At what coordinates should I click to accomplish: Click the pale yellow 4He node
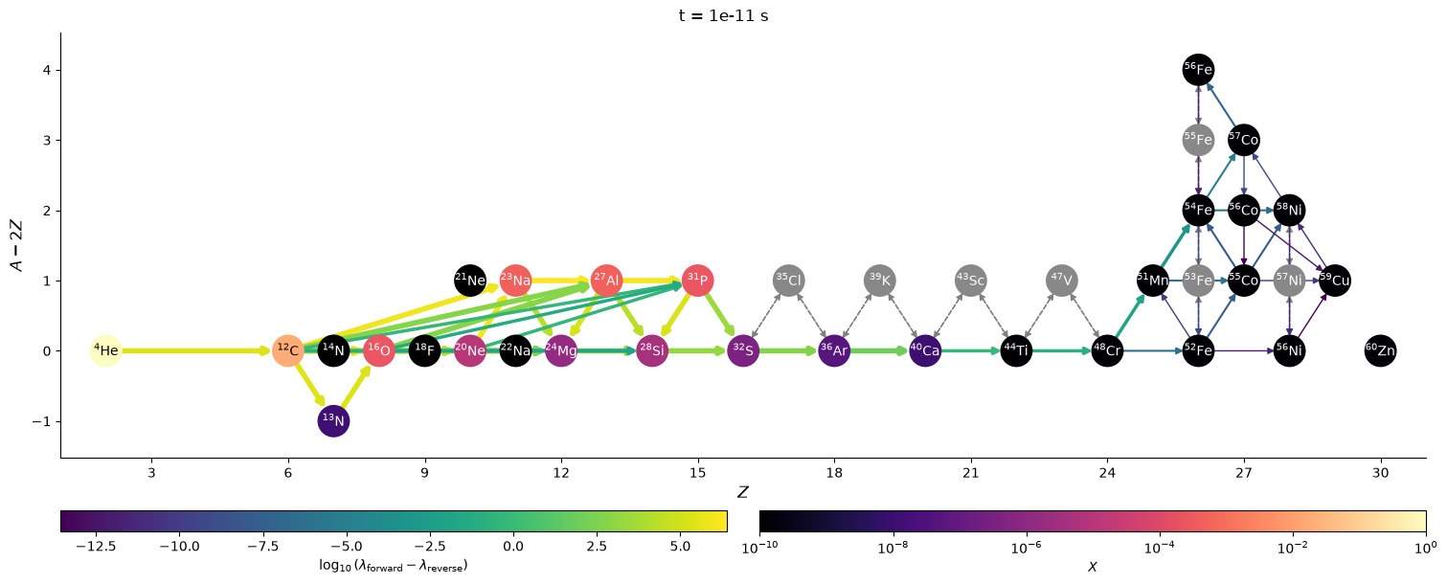(x=106, y=350)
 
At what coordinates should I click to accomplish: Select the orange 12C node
(x=288, y=350)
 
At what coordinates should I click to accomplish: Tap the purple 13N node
(x=333, y=421)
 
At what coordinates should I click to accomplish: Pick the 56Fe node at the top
(x=1198, y=69)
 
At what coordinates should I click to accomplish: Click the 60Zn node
(x=1381, y=350)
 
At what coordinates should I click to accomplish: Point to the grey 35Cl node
(x=789, y=281)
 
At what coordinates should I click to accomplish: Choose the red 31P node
(x=698, y=281)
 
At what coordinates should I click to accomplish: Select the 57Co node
(x=1244, y=140)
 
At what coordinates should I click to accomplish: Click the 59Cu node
(x=1335, y=281)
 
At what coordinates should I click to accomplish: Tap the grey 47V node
(x=1061, y=281)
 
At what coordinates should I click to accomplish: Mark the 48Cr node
(x=1107, y=350)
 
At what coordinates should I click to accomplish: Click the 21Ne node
(x=470, y=281)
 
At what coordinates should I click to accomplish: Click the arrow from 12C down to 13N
(x=310, y=386)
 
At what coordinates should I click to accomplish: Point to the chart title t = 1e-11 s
(x=724, y=15)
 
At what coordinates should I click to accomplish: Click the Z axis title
(x=743, y=493)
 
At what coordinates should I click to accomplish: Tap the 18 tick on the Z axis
(x=834, y=473)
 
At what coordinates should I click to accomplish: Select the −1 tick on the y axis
(x=41, y=421)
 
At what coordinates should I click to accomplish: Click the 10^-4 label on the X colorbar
(x=1160, y=549)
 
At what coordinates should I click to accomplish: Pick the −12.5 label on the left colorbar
(x=97, y=547)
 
